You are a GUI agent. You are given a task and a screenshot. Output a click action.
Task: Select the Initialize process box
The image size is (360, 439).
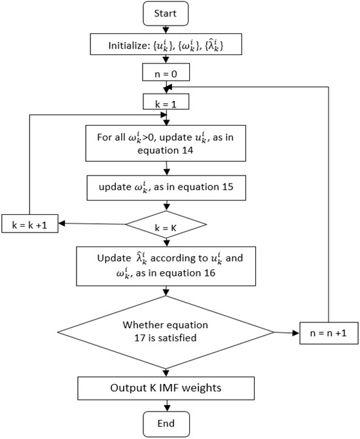[x=168, y=46]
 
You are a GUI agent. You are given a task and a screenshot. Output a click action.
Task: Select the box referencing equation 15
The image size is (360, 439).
[x=168, y=188]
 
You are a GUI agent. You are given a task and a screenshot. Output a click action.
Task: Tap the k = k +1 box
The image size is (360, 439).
[x=30, y=224]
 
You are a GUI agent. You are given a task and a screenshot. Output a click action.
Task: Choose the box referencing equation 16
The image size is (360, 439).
[x=168, y=265]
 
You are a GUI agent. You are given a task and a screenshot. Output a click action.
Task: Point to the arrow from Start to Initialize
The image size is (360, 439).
[x=168, y=29]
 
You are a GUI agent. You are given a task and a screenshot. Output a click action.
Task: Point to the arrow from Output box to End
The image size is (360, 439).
[x=168, y=405]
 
